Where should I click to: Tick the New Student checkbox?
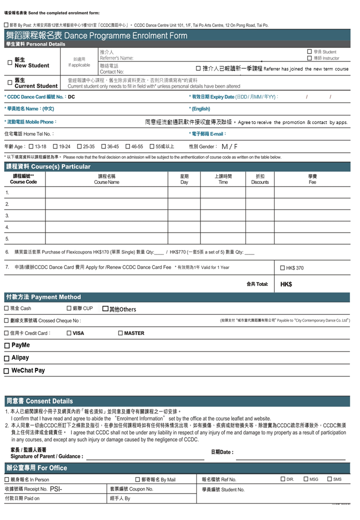tap(10, 62)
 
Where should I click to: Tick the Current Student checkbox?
tap(10, 82)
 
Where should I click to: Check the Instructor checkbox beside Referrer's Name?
tap(309, 58)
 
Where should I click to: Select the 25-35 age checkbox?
tap(79, 146)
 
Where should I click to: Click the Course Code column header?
tap(23, 179)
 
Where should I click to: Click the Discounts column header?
tap(259, 179)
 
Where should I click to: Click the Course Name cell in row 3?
tap(106, 215)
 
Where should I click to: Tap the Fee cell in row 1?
tap(312, 192)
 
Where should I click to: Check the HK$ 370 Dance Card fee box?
tap(282, 268)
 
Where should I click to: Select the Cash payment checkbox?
tap(6, 308)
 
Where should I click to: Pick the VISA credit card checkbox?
tap(69, 333)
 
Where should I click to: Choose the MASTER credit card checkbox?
tap(120, 333)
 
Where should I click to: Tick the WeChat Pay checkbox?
tap(6, 371)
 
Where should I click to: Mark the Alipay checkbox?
tap(6, 358)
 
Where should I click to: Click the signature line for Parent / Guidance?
tap(145, 456)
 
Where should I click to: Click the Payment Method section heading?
tap(43, 297)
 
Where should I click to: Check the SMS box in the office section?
tap(329, 479)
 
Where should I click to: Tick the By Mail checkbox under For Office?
tap(137, 479)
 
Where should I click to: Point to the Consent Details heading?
tap(39, 401)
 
